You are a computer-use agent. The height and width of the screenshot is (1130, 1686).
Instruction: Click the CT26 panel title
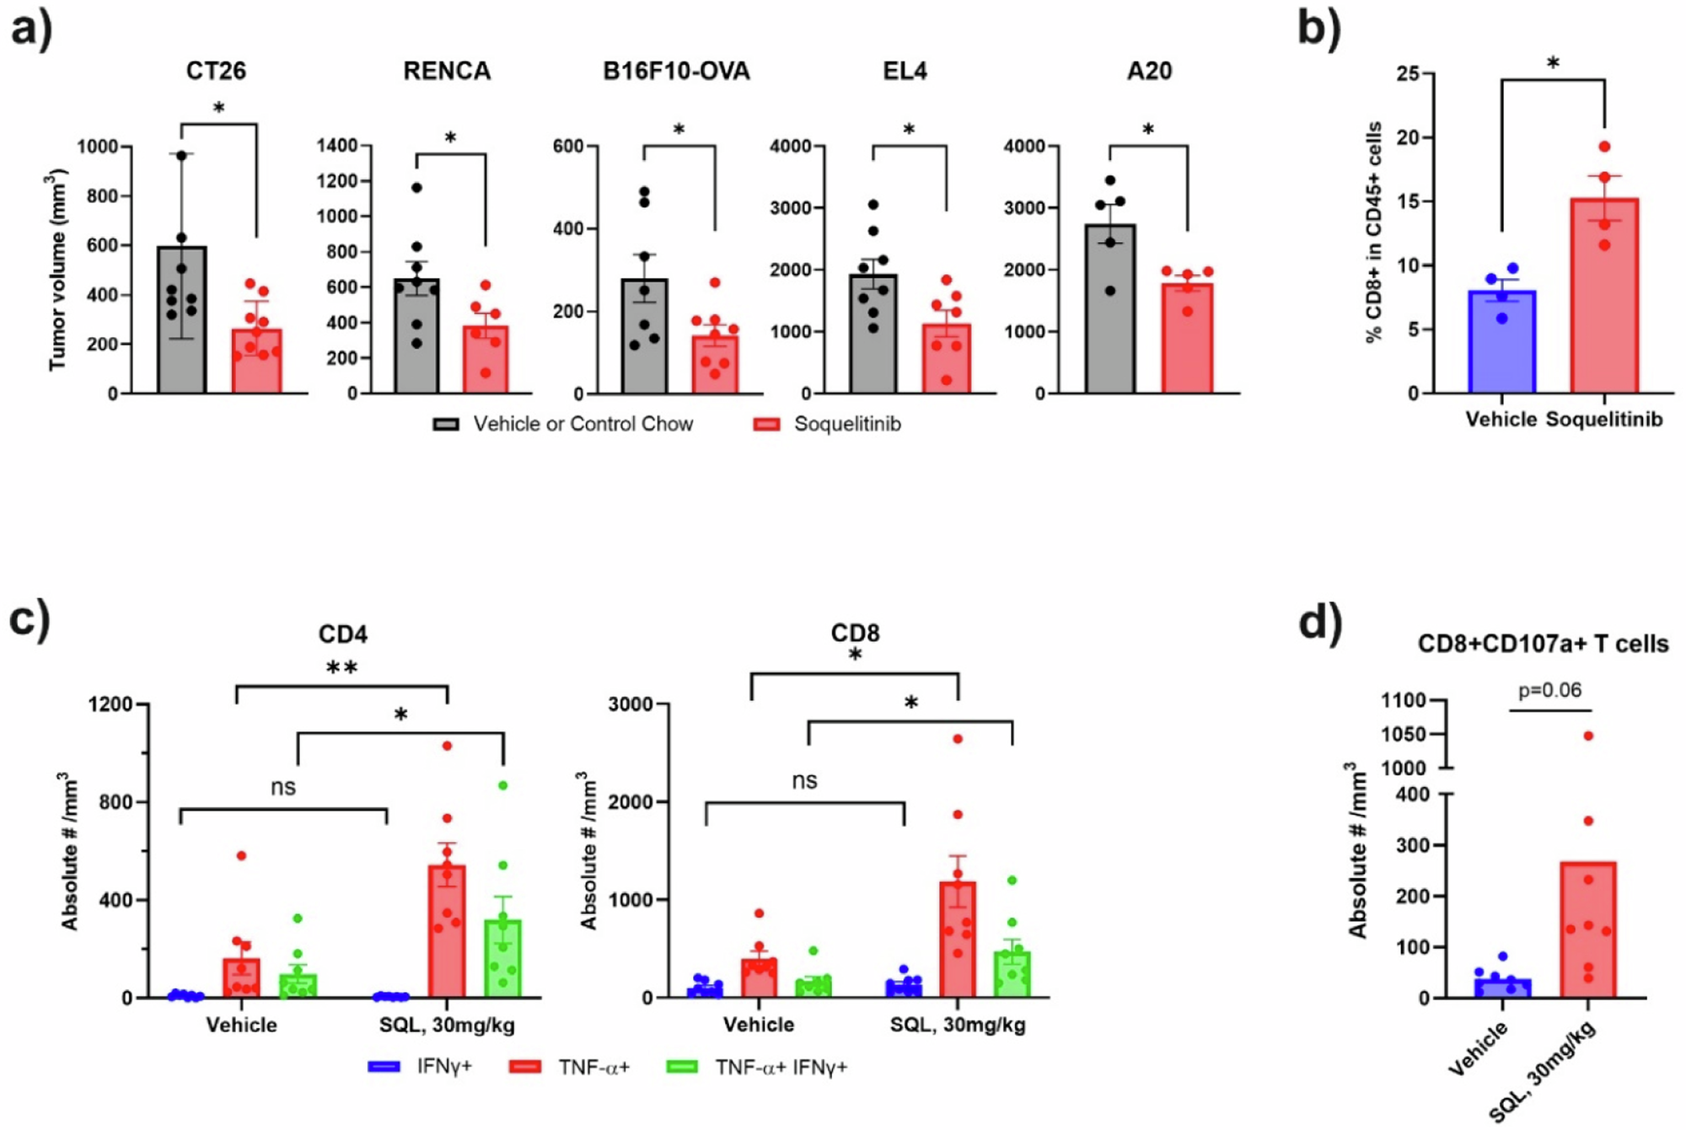click(x=216, y=71)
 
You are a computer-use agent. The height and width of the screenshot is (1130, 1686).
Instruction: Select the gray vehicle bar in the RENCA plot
click(x=417, y=337)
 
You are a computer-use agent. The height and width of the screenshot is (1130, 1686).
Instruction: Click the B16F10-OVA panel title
click(x=676, y=71)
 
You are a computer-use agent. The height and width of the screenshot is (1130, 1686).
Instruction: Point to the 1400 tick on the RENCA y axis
click(x=337, y=146)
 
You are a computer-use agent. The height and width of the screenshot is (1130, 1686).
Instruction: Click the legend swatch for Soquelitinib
click(x=766, y=424)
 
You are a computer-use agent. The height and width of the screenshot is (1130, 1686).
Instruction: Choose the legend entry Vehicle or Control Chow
click(x=583, y=424)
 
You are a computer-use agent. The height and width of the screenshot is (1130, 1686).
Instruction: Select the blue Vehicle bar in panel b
click(x=1501, y=345)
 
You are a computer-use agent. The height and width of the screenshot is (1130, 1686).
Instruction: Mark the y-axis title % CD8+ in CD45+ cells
click(x=1373, y=232)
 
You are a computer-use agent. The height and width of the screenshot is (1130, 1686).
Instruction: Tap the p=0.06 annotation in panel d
click(x=1549, y=690)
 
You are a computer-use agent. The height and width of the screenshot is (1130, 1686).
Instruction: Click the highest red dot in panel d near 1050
click(x=1588, y=736)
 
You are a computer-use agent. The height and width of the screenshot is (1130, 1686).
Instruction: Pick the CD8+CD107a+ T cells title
click(x=1543, y=644)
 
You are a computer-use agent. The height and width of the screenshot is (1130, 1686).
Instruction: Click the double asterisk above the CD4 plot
click(x=341, y=668)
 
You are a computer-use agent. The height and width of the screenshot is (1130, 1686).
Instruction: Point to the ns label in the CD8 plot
click(x=804, y=780)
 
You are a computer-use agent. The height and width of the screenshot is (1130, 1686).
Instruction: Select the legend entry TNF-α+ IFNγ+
click(x=781, y=1067)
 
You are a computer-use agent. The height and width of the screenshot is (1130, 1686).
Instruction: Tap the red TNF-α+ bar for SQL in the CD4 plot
click(x=447, y=935)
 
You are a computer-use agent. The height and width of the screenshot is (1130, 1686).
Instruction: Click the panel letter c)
click(x=30, y=619)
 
